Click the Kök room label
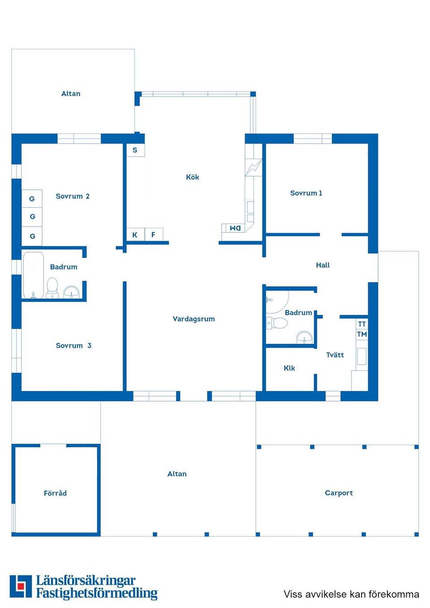[x=192, y=177]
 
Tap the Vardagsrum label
[x=193, y=319]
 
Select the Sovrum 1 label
[x=306, y=193]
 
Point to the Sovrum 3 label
[x=73, y=346]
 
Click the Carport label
[x=339, y=493]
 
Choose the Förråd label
[x=55, y=493]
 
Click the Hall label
[x=323, y=265]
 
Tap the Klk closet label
[x=289, y=368]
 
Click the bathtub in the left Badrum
[x=34, y=275]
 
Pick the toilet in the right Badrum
[x=277, y=323]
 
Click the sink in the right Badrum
[x=304, y=337]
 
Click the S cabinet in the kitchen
[x=135, y=150]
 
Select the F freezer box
[x=154, y=235]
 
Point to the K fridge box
[x=135, y=235]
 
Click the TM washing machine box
[x=362, y=334]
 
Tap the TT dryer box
[x=362, y=324]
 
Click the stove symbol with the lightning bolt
[x=253, y=167]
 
